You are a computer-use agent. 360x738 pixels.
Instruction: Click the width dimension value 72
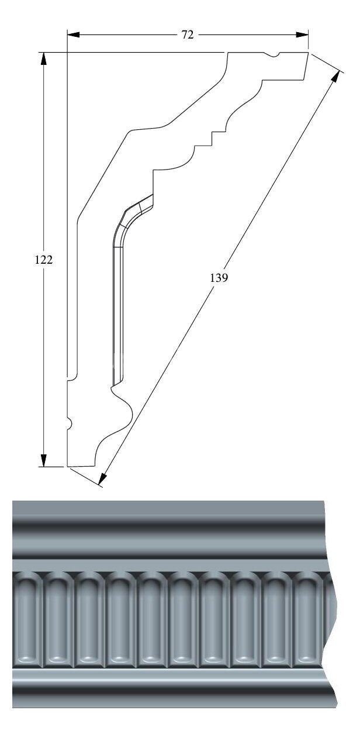point(188,35)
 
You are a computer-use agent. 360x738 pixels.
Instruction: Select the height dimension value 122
point(43,260)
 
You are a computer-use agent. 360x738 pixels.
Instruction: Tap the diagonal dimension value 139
point(219,278)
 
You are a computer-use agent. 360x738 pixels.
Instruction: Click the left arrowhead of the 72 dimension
point(74,35)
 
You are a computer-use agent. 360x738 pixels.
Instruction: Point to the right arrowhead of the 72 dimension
point(302,35)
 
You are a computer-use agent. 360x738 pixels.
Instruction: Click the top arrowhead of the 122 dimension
point(43,58)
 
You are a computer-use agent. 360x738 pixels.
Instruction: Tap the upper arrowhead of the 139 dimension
point(335,77)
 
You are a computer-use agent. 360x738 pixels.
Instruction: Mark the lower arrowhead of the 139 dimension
point(103,478)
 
